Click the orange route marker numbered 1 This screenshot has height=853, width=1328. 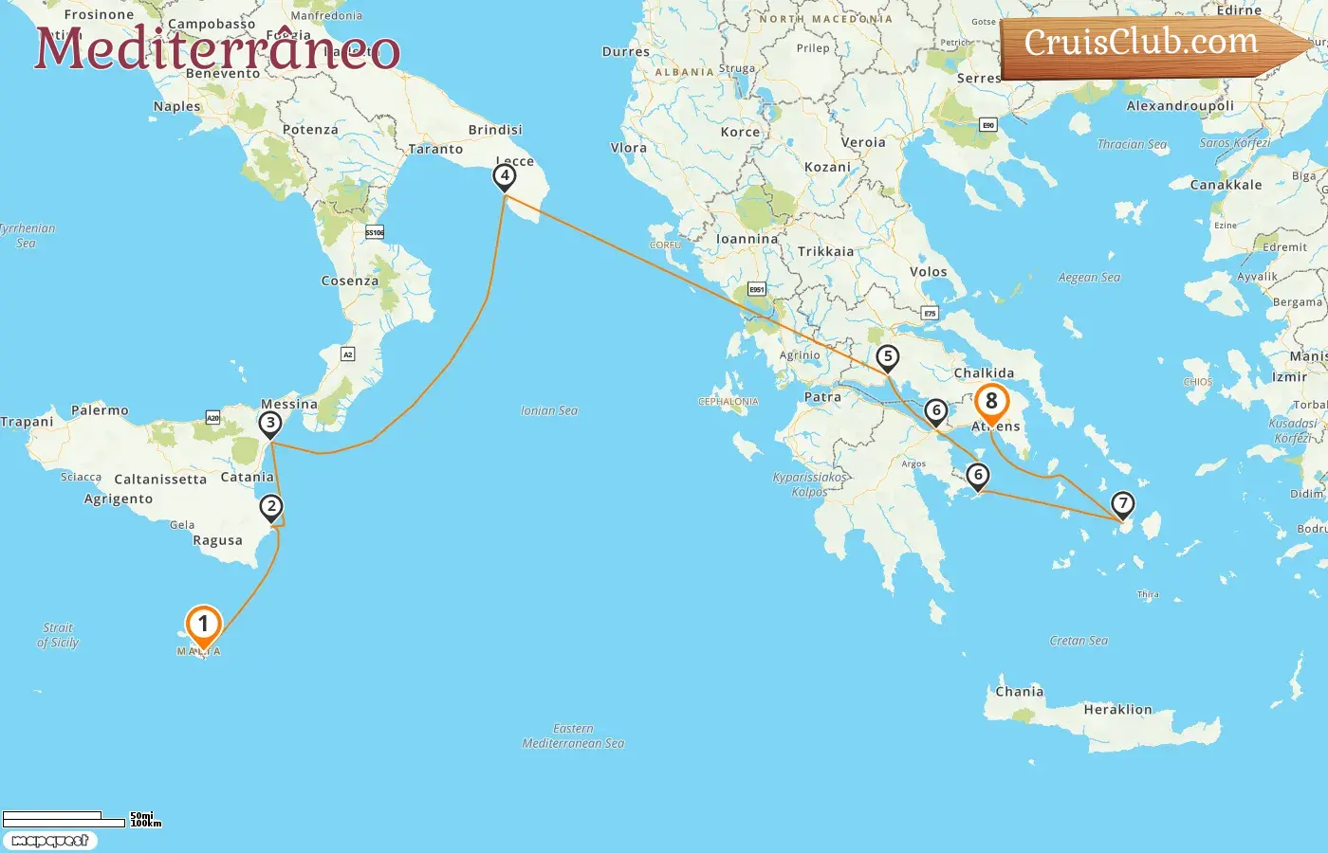tap(203, 625)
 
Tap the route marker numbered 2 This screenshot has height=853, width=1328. tap(271, 507)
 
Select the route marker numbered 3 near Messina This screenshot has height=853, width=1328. tap(270, 424)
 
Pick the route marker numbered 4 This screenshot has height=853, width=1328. tap(505, 175)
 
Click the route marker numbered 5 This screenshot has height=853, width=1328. tap(887, 357)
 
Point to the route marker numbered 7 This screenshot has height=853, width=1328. tap(1122, 503)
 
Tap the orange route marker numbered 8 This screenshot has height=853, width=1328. tap(991, 402)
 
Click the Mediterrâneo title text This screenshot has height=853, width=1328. tap(217, 49)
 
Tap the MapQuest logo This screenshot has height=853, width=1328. tap(49, 841)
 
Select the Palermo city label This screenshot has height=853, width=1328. tap(100, 410)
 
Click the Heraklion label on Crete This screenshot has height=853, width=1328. tap(1117, 710)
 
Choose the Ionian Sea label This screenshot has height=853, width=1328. tap(549, 410)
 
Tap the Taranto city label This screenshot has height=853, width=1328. tap(435, 149)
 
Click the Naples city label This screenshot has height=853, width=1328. tap(177, 106)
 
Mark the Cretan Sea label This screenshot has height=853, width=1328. tap(1079, 641)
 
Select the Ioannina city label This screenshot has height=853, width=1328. tap(747, 239)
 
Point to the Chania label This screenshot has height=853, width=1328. tap(1020, 692)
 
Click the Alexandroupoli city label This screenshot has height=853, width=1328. tap(1180, 105)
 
